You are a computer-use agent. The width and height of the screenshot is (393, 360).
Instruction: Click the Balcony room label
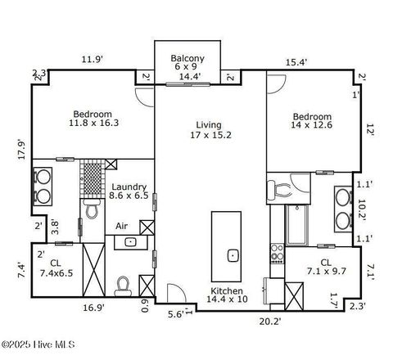[x=187, y=58]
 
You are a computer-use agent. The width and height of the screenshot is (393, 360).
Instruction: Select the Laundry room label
[x=129, y=187]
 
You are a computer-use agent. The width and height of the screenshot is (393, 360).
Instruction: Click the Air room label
[x=122, y=226]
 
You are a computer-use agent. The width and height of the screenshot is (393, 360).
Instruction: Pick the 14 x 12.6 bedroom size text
[x=312, y=125]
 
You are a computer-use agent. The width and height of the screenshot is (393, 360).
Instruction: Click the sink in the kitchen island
[x=233, y=255]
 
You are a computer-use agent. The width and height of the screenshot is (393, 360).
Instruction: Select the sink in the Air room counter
[x=130, y=242]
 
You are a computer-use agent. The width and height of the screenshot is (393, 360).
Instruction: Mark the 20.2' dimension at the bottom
[x=271, y=322]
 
